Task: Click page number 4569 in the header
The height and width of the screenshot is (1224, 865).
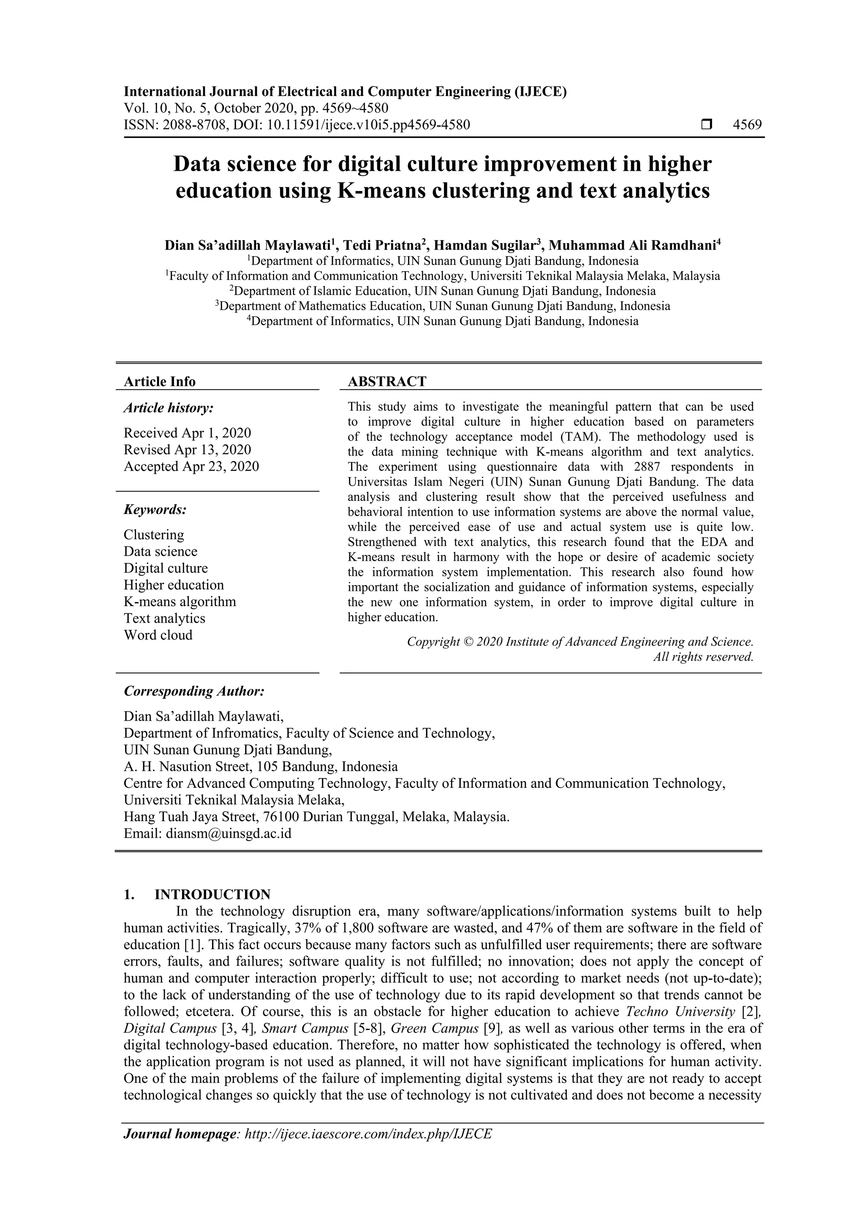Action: tap(747, 125)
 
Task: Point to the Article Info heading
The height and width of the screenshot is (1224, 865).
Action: tap(159, 381)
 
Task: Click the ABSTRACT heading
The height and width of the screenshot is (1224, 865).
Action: tap(387, 381)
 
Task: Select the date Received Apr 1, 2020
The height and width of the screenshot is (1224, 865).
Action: tap(187, 432)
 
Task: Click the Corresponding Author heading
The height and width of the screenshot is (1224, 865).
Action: tap(194, 691)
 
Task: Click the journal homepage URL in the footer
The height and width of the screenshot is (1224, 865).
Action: tap(367, 1134)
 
